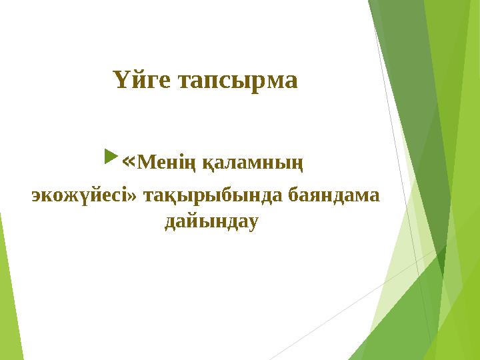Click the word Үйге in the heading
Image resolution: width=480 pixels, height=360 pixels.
(x=140, y=81)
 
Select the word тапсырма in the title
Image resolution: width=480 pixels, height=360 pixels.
(x=235, y=81)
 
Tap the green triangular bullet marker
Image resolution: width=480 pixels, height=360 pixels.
(x=110, y=159)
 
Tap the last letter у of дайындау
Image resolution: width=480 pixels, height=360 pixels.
(x=251, y=222)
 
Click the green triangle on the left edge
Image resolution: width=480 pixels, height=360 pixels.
(x=8, y=293)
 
